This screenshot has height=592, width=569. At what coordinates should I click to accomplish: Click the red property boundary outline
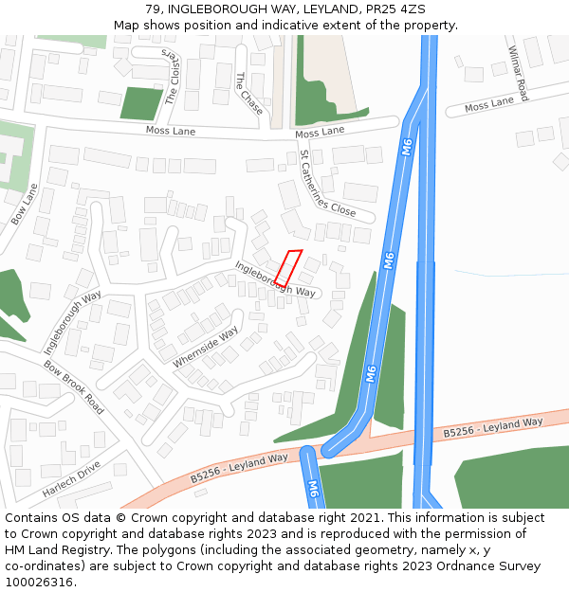288,268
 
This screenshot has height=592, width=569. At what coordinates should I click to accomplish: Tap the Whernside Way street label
206,348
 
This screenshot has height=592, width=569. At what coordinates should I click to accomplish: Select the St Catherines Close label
327,184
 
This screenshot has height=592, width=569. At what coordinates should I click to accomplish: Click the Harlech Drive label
71,479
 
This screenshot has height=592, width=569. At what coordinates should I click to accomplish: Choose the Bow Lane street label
25,204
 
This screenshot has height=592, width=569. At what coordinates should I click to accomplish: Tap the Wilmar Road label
518,74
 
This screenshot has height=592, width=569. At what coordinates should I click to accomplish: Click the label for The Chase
249,94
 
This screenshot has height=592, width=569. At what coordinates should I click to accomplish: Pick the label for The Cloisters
172,77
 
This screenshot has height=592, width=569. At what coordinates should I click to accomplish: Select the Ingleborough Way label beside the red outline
275,279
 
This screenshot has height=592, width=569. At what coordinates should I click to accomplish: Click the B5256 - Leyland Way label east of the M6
493,427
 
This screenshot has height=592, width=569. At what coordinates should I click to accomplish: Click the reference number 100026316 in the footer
39,582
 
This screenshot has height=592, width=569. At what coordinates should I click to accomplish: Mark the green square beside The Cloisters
141,103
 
